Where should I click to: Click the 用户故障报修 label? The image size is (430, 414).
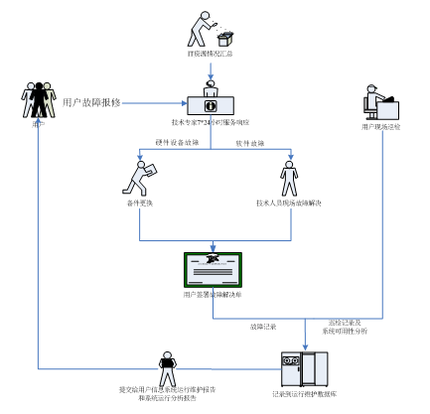coord(90,102)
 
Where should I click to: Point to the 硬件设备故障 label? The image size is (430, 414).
coord(177,144)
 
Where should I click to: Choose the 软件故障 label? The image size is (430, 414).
coord(250,144)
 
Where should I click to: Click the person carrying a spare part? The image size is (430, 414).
coord(139,178)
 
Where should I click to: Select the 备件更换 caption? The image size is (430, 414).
coord(139,203)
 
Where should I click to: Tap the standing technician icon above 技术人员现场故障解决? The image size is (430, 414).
coord(289,179)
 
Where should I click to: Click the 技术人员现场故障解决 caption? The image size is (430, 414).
coord(289,203)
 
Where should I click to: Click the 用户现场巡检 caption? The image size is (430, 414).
coord(381,127)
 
